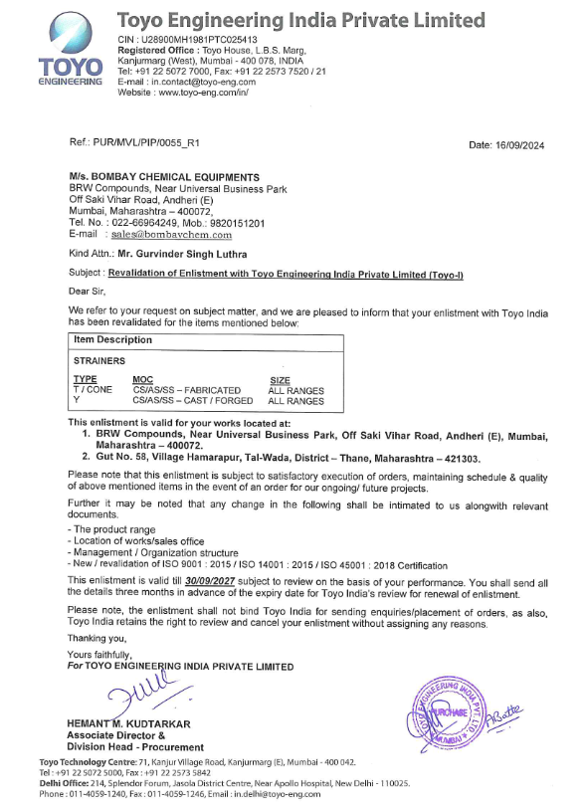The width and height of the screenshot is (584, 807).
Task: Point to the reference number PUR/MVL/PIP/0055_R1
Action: click(x=154, y=145)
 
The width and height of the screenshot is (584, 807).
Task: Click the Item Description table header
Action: click(x=112, y=339)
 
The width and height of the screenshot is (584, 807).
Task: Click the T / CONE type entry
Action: click(x=93, y=390)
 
